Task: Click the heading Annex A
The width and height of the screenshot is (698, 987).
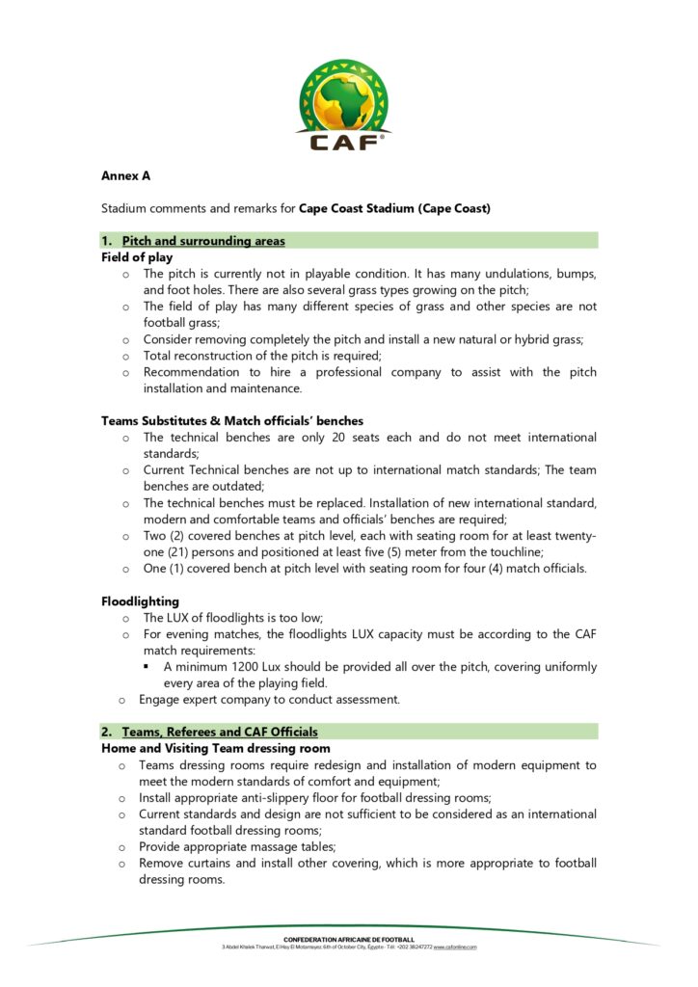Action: pyautogui.click(x=125, y=175)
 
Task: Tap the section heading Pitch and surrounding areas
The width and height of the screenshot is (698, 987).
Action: pyautogui.click(x=203, y=241)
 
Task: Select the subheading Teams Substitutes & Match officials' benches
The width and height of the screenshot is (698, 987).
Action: pyautogui.click(x=231, y=421)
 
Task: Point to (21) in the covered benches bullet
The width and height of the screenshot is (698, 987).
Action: pyautogui.click(x=191, y=552)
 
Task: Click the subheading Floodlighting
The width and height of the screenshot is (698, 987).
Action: pyautogui.click(x=140, y=601)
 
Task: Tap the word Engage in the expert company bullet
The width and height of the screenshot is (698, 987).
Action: pyautogui.click(x=161, y=700)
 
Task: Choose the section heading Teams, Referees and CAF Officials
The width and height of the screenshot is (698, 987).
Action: pyautogui.click(x=220, y=732)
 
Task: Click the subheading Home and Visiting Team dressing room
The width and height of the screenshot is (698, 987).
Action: pyautogui.click(x=216, y=748)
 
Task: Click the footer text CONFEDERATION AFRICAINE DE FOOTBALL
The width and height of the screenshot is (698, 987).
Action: pyautogui.click(x=349, y=939)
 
